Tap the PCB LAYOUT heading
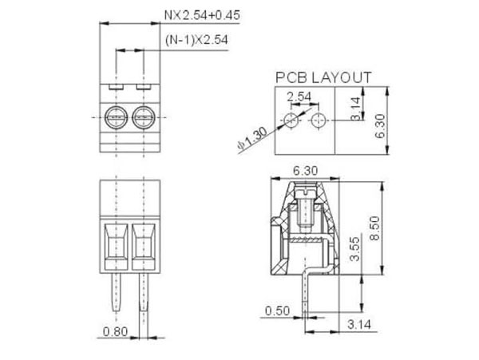323,77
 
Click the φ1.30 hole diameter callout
251,137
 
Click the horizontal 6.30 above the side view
307,169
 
